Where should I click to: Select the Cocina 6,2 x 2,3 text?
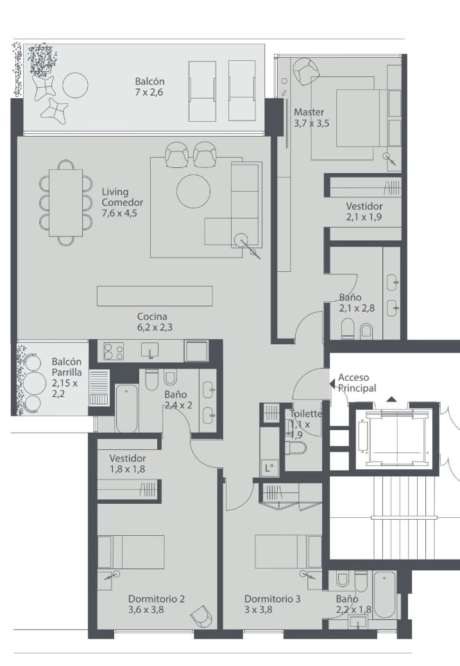(x=155, y=322)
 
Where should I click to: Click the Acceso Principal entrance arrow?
(x=332, y=383)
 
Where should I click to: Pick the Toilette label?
(x=305, y=413)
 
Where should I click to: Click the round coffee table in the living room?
(x=194, y=191)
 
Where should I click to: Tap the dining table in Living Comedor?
(x=66, y=203)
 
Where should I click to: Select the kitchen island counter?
(x=155, y=296)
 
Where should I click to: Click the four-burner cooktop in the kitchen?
(x=114, y=351)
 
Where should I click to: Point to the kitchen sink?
(x=149, y=350)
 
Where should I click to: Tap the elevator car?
(x=396, y=438)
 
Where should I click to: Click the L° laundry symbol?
(x=269, y=468)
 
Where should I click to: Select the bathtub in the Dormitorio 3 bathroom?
(x=385, y=594)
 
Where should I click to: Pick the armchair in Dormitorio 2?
(x=201, y=614)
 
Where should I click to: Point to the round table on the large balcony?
(x=75, y=85)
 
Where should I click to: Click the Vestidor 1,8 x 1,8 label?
(x=128, y=463)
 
